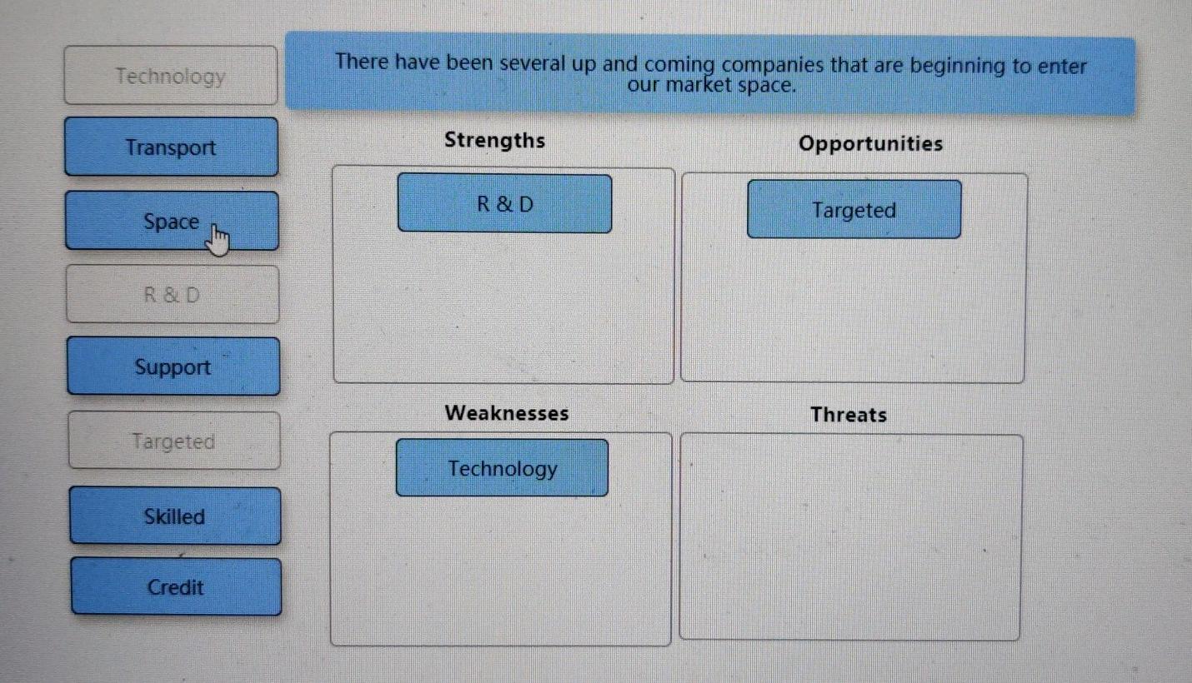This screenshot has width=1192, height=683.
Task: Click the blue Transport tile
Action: click(x=171, y=147)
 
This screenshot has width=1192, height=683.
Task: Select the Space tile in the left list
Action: click(x=171, y=222)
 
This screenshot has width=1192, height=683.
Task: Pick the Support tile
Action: click(x=173, y=366)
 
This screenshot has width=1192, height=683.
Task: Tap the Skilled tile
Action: click(x=174, y=516)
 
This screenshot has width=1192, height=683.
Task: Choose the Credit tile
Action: click(x=175, y=587)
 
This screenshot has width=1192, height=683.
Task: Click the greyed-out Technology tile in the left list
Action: click(x=170, y=77)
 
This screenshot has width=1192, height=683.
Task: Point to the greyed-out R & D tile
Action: click(x=172, y=295)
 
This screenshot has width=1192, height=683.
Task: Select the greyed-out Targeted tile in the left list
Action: click(x=173, y=441)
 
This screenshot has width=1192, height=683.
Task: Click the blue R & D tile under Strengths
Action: click(x=504, y=204)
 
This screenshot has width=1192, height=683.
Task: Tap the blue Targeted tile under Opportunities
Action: click(x=854, y=210)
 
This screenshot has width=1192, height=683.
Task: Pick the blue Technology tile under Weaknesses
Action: click(x=502, y=468)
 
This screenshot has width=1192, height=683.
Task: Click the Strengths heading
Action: click(x=494, y=140)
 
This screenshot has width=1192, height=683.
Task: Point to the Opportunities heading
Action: click(x=870, y=143)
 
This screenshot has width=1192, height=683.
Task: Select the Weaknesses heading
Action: click(x=507, y=413)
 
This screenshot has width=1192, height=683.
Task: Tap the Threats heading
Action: click(x=849, y=415)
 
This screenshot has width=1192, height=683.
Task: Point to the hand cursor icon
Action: click(x=218, y=242)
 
